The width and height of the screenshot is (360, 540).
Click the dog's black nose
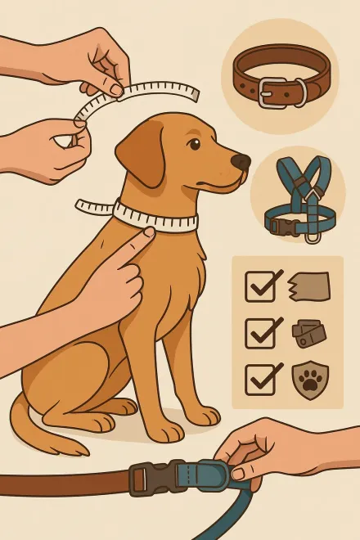(x=241, y=161)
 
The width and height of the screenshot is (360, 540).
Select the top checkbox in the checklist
(x=261, y=286)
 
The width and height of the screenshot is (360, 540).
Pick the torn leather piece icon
(x=308, y=286)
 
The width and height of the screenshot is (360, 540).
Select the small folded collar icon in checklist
(x=308, y=334)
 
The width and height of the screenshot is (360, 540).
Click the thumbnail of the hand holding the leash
(x=238, y=472)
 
